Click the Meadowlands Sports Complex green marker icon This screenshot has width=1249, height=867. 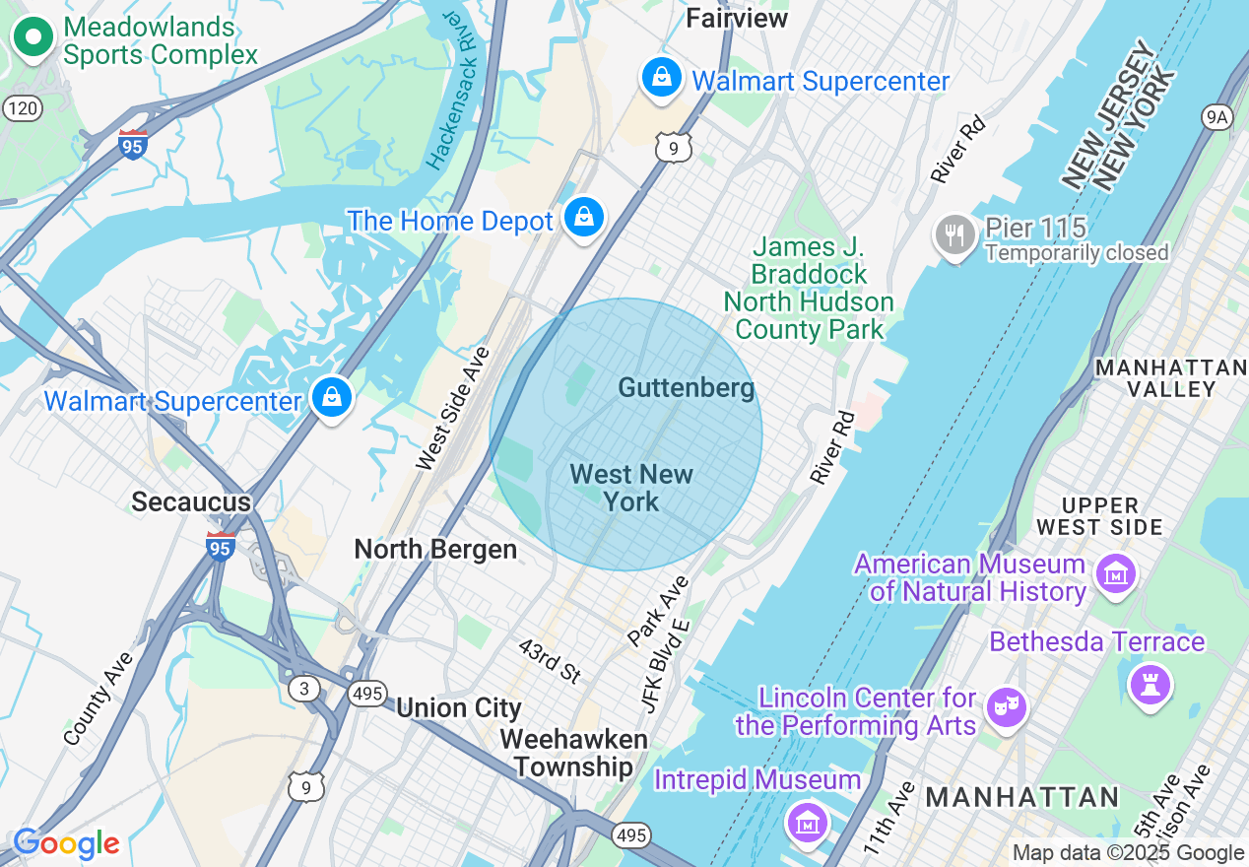click(x=33, y=38)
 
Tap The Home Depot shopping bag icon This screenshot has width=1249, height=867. click(x=583, y=217)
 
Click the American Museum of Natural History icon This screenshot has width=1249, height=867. click(x=1116, y=573)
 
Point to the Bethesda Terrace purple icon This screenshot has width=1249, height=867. click(x=1150, y=683)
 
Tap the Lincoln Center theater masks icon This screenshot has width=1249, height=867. click(x=1006, y=706)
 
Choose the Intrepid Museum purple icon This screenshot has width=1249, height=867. click(x=807, y=820)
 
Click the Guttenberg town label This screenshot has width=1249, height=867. click(x=687, y=388)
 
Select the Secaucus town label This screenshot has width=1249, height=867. click(x=191, y=501)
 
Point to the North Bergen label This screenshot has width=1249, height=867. click(x=435, y=549)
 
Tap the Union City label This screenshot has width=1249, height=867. click(x=459, y=707)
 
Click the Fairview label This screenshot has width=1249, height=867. click(x=737, y=18)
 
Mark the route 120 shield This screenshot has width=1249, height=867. click(x=22, y=107)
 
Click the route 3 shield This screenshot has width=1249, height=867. click(x=304, y=688)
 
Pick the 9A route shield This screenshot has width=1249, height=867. click(x=1217, y=117)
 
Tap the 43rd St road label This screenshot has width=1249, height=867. click(x=551, y=660)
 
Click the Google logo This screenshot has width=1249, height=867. click(x=66, y=843)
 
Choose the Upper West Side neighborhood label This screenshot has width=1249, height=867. click(x=1099, y=516)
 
